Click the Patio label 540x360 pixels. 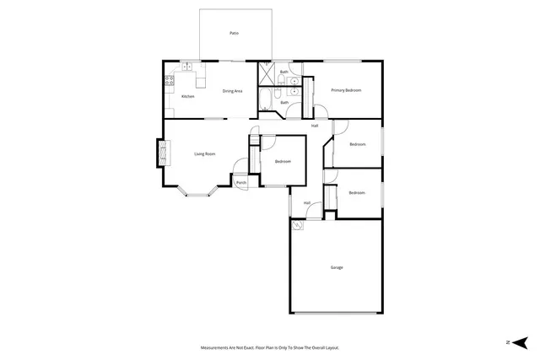234,33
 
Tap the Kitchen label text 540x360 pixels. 187,97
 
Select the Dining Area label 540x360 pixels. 233,91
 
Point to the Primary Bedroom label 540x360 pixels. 346,90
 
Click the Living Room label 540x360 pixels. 205,153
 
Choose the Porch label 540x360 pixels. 240,183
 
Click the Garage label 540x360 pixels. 337,267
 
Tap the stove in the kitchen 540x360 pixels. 169,81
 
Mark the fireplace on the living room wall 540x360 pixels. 160,154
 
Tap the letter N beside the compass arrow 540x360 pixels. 508,341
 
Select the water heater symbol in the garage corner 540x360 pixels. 297,226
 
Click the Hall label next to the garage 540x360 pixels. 308,202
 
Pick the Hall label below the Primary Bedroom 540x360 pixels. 315,126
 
